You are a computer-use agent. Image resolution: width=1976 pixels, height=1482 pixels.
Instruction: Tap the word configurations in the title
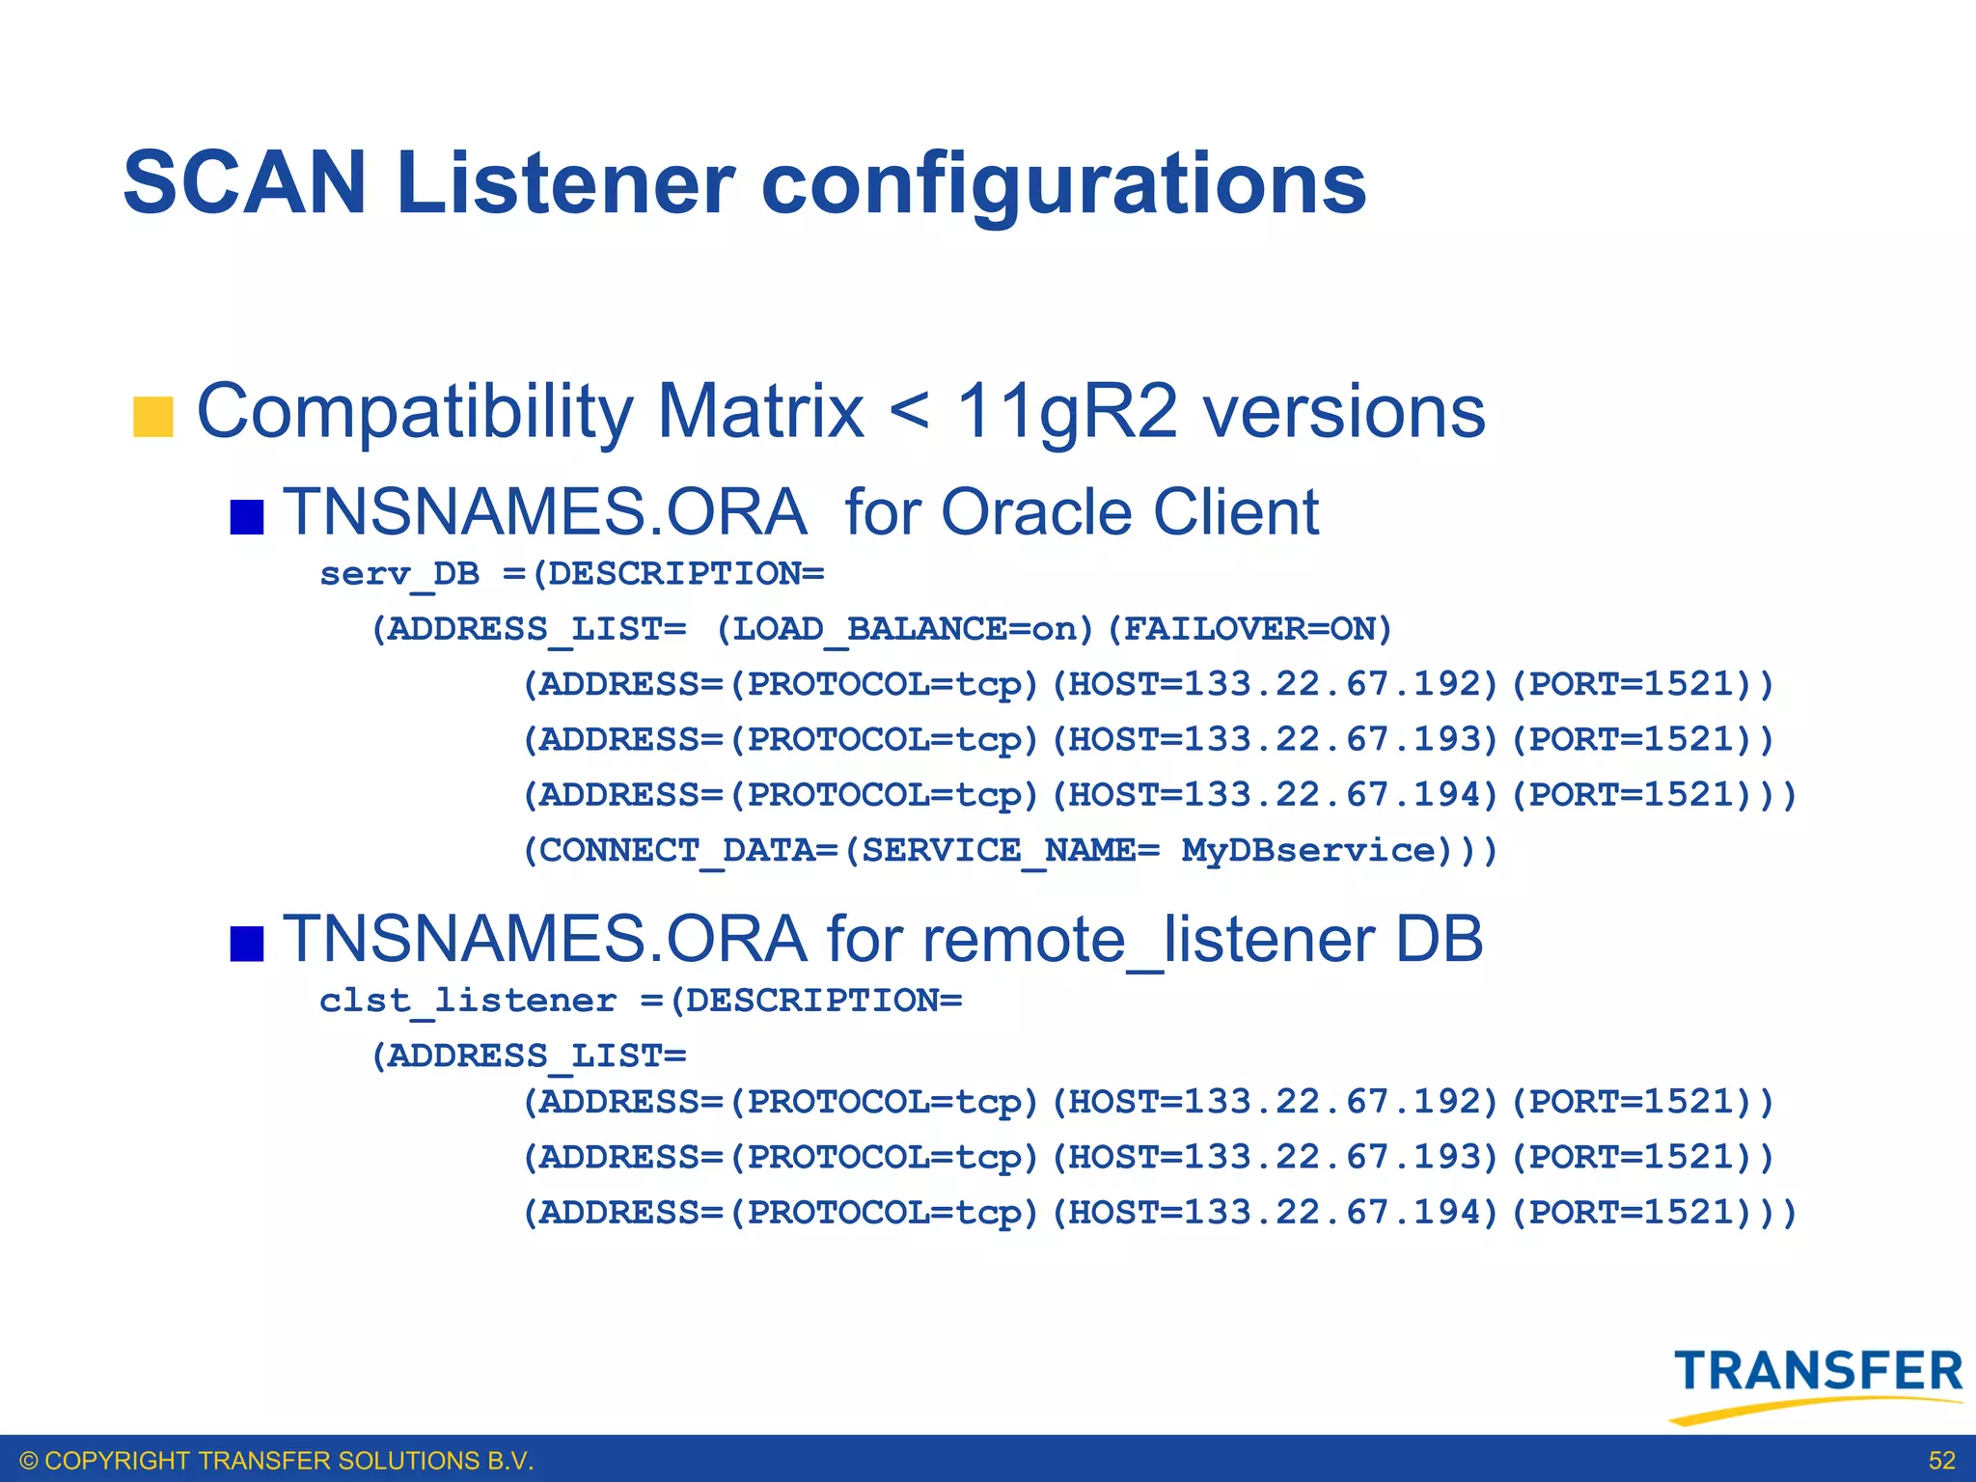[1063, 185]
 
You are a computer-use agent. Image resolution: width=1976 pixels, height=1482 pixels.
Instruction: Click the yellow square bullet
[152, 417]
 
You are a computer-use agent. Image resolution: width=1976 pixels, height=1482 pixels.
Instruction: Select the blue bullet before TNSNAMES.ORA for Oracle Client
[247, 516]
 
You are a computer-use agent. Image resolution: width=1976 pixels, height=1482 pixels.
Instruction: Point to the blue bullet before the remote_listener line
[247, 944]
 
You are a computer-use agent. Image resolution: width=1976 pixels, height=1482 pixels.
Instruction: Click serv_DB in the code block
[399, 574]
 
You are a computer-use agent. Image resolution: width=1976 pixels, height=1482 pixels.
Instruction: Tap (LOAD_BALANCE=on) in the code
[905, 629]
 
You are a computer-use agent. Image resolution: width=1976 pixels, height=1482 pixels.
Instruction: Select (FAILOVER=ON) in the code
[1249, 629]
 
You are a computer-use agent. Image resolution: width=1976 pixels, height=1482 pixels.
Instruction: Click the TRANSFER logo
[1817, 1382]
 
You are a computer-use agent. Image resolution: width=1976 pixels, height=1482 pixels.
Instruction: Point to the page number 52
[1941, 1461]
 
